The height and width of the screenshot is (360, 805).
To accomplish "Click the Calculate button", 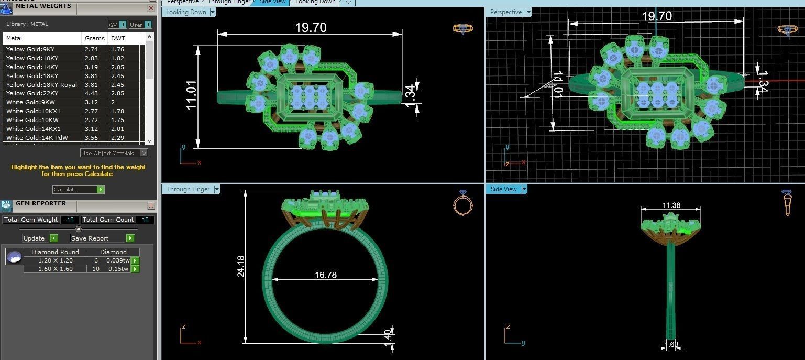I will pyautogui.click(x=78, y=189).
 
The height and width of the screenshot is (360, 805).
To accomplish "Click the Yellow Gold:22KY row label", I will pyautogui.click(x=32, y=93).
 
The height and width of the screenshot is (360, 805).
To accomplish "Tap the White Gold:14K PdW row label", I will pyautogui.click(x=37, y=138).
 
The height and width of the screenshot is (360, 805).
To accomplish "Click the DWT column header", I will pyautogui.click(x=117, y=38).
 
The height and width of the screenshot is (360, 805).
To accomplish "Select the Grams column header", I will pyautogui.click(x=94, y=38).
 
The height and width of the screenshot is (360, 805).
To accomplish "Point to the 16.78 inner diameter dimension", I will pyautogui.click(x=325, y=275).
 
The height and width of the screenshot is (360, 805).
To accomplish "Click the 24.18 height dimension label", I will pyautogui.click(x=241, y=266).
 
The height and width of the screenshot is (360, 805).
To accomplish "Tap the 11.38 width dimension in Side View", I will pyautogui.click(x=671, y=205).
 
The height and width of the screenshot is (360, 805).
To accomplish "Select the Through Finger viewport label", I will pyautogui.click(x=188, y=189).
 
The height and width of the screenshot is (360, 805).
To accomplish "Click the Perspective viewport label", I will pyautogui.click(x=506, y=12).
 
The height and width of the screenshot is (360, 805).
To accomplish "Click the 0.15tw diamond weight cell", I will pyautogui.click(x=117, y=269).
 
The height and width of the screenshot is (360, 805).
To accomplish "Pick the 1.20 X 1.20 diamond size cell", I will pyautogui.click(x=55, y=260).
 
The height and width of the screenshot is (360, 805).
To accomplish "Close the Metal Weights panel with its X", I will pyautogui.click(x=151, y=8).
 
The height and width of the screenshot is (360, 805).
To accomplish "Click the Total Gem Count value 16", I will pyautogui.click(x=145, y=220).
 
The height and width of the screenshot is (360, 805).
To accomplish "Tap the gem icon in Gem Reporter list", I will pyautogui.click(x=14, y=257).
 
